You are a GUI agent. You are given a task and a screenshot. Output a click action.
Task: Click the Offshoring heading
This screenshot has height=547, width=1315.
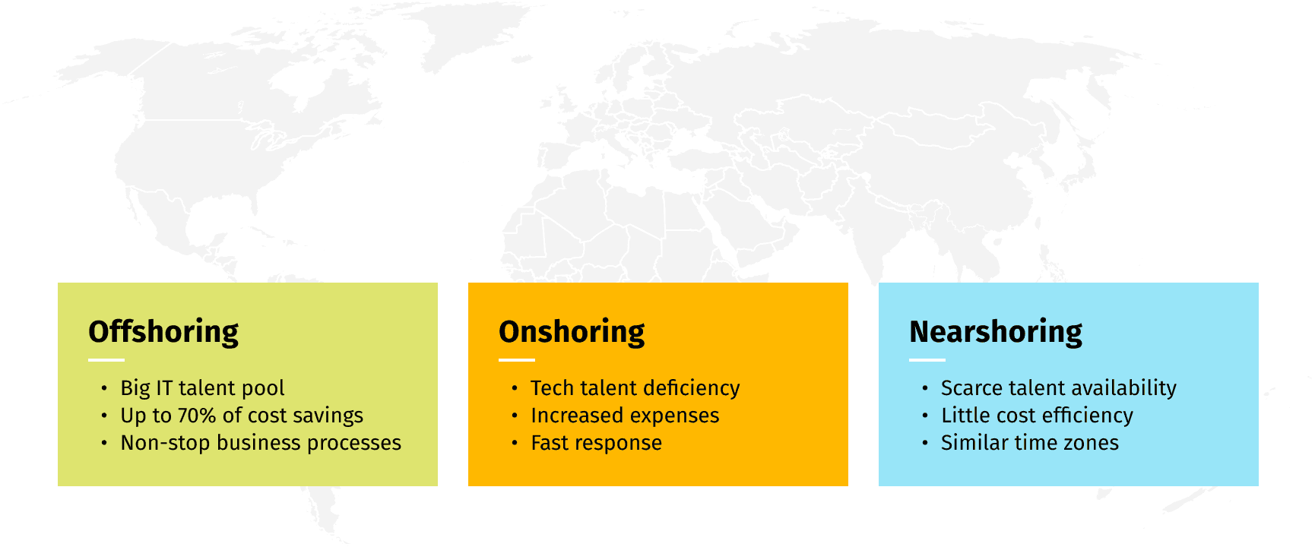click(163, 332)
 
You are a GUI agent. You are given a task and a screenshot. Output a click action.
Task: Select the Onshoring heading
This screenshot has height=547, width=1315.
click(572, 332)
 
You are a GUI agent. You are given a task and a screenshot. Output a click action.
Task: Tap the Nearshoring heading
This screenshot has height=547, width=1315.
click(996, 332)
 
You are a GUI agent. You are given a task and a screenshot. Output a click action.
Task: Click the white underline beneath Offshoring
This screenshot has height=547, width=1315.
click(106, 360)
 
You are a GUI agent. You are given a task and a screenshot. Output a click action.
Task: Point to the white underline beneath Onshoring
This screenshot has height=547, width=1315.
click(517, 360)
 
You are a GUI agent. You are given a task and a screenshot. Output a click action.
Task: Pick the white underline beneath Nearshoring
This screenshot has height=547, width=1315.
click(927, 360)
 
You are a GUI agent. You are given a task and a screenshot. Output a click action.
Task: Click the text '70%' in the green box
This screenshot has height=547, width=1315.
click(197, 416)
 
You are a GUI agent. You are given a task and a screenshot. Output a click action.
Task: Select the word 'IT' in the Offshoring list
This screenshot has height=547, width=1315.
click(164, 388)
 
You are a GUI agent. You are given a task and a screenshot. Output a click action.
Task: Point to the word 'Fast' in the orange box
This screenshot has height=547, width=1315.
click(550, 443)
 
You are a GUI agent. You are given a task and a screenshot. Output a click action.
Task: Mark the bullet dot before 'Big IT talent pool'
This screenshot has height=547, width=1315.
click(104, 388)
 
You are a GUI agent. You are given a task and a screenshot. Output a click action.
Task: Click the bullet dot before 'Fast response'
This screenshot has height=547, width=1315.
click(515, 443)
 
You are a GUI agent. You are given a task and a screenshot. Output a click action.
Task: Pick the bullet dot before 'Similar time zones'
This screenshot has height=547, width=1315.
click(925, 443)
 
